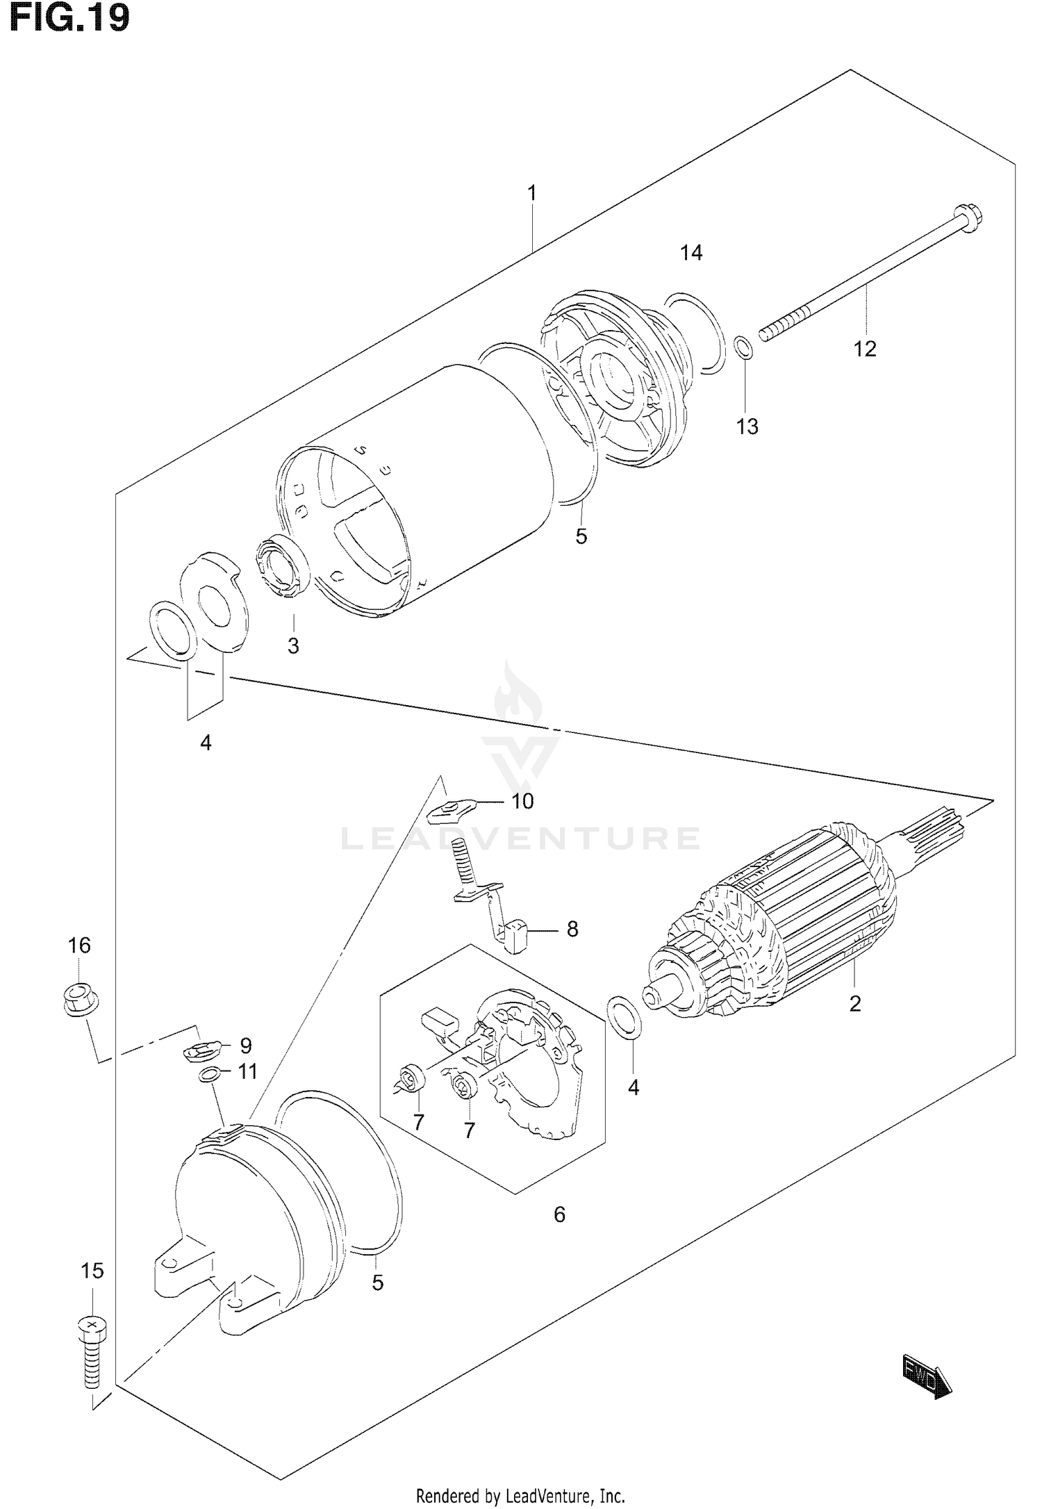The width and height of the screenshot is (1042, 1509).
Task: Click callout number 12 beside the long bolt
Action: point(865,349)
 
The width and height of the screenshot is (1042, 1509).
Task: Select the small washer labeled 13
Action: point(743,347)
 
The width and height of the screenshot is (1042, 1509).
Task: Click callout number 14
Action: point(691,253)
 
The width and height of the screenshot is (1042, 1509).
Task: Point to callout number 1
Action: point(531,193)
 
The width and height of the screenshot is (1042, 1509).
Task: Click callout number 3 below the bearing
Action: point(293,645)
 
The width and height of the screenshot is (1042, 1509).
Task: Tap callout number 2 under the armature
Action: point(855,1003)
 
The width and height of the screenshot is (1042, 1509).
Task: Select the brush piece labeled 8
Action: point(516,934)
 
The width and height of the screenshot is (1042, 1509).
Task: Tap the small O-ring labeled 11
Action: point(207,1075)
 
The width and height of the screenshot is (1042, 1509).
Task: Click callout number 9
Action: point(245,1046)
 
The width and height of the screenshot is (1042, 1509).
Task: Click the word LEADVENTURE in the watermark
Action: point(520,839)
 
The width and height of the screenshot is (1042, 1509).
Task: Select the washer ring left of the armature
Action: point(625,1019)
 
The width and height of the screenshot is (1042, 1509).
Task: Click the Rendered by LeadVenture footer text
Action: point(520,1492)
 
